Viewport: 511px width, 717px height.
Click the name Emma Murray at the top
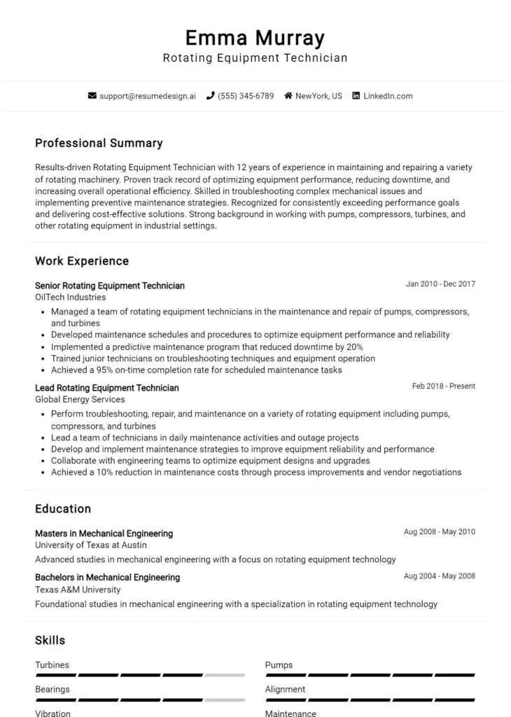click(255, 37)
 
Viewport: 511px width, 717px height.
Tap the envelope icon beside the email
click(92, 96)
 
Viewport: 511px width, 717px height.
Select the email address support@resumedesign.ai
click(147, 96)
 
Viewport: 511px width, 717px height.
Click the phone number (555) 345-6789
click(246, 96)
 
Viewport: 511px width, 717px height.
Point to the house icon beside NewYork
click(288, 96)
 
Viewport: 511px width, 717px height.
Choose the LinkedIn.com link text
click(388, 96)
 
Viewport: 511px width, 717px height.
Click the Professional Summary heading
click(99, 143)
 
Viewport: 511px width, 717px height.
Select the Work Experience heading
click(82, 261)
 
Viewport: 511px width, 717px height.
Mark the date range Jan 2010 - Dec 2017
click(440, 284)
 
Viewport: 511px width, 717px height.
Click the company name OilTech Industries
click(71, 298)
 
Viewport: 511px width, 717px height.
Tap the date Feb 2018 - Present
click(443, 387)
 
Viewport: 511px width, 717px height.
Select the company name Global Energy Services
click(80, 400)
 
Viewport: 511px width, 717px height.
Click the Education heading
click(63, 509)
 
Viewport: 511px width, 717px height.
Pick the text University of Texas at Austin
click(91, 545)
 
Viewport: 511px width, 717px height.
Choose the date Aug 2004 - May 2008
click(439, 576)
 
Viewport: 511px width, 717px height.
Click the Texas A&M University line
click(78, 590)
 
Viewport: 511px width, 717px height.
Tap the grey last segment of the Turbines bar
click(225, 675)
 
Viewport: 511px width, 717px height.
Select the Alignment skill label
click(285, 690)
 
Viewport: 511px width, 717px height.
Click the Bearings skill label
click(52, 690)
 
